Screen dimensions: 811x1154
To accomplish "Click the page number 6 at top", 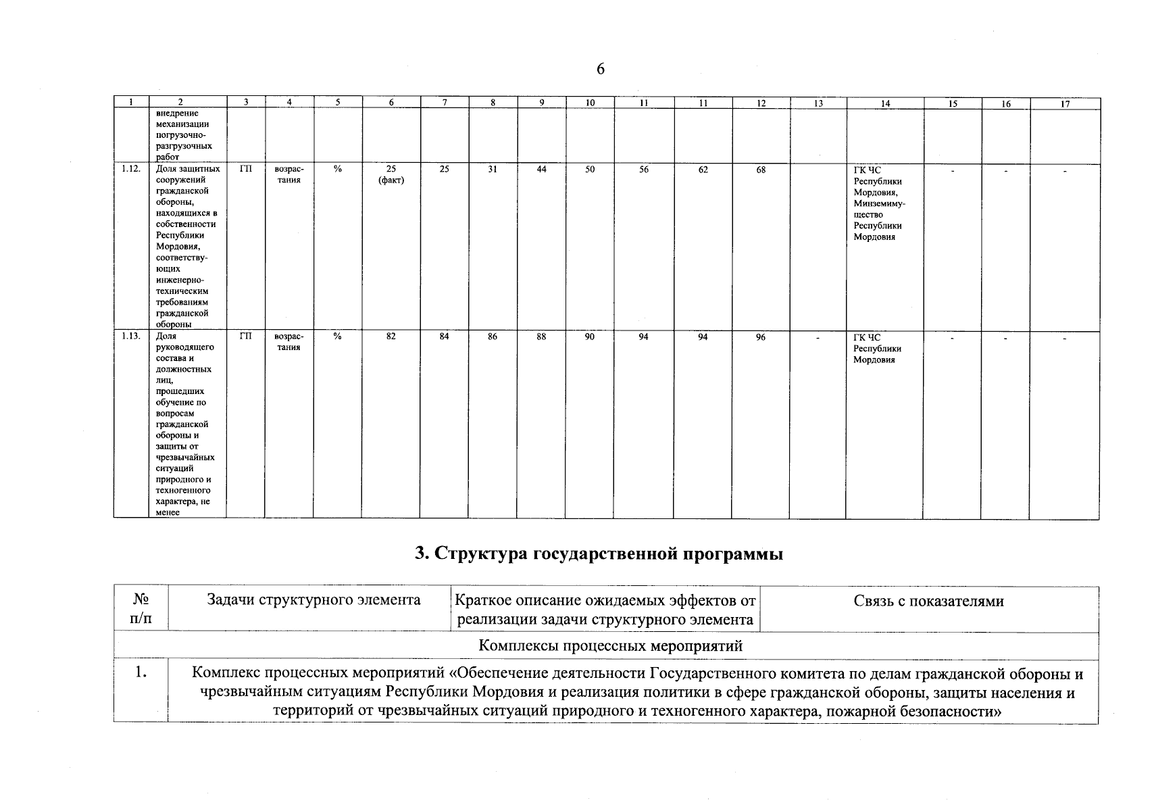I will (600, 70).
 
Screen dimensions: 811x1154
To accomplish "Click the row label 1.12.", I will (131, 169).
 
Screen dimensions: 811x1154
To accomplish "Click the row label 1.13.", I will (131, 337).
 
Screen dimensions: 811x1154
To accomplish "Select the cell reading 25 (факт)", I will (391, 174).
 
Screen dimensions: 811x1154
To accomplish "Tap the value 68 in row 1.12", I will (761, 170).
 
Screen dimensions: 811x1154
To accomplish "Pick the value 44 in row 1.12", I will (541, 170).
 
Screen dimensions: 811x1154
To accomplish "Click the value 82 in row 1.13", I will (391, 337).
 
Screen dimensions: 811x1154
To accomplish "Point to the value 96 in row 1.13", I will (761, 337).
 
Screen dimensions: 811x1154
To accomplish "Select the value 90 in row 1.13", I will (590, 337).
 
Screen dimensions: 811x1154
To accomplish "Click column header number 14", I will (885, 103).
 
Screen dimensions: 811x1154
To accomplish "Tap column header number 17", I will (1065, 103).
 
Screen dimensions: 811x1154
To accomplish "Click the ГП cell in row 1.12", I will (245, 170).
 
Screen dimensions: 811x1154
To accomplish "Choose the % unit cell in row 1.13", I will (337, 337).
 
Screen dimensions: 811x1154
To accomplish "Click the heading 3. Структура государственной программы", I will (599, 555).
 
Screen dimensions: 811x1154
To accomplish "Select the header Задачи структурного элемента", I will (313, 600).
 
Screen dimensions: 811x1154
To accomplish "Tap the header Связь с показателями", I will (928, 601).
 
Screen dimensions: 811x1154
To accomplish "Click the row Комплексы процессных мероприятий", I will (610, 646).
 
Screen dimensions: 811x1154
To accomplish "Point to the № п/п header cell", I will (141, 610).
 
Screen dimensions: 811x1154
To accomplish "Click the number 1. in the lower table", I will (141, 673).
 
